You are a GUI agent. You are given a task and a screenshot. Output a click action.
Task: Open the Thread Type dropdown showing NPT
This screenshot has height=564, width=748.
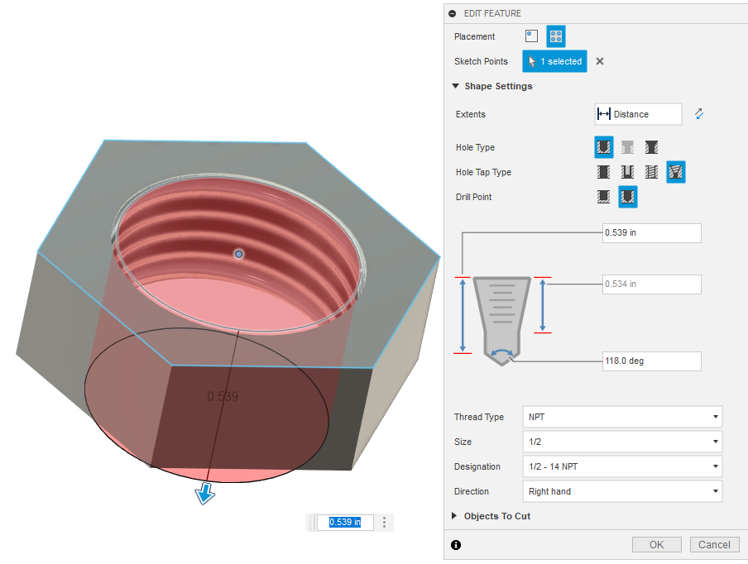[x=621, y=417]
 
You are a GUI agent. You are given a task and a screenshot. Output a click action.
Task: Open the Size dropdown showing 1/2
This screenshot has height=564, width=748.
[x=621, y=442]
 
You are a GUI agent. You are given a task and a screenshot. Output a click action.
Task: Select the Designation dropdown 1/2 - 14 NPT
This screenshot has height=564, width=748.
[x=621, y=466]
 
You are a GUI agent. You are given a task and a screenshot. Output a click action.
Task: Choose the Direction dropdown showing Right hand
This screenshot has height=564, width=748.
[x=621, y=491]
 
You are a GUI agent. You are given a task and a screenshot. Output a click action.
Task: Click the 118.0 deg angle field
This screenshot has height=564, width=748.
[x=652, y=361]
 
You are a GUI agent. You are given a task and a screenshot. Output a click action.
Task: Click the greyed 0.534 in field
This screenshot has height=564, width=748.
[x=652, y=284]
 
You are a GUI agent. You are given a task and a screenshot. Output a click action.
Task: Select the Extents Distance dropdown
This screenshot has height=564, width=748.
[x=638, y=114]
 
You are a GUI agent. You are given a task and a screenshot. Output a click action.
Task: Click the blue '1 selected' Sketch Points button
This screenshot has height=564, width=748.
[x=554, y=61]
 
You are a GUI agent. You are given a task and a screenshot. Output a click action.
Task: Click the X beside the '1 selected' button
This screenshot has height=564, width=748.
[x=600, y=61]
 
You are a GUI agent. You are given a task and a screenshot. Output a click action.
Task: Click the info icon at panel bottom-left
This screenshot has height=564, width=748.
[x=456, y=544]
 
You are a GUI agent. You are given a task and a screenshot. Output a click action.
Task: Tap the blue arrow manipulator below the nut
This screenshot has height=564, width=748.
[x=204, y=494]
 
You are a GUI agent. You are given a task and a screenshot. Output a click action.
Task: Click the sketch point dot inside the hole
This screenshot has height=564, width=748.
[x=239, y=254]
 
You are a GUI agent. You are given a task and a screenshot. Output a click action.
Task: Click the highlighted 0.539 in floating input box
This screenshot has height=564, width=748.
[x=345, y=522]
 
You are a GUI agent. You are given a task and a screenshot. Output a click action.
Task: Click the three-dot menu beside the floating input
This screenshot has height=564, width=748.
[x=384, y=522]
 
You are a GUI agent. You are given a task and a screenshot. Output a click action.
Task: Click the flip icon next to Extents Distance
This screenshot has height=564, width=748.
[x=699, y=114]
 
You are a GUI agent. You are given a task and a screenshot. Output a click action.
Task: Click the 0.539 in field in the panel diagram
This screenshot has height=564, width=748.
[x=652, y=233]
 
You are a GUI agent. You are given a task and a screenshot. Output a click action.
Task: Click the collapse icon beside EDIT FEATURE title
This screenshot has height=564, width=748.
[x=453, y=13]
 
